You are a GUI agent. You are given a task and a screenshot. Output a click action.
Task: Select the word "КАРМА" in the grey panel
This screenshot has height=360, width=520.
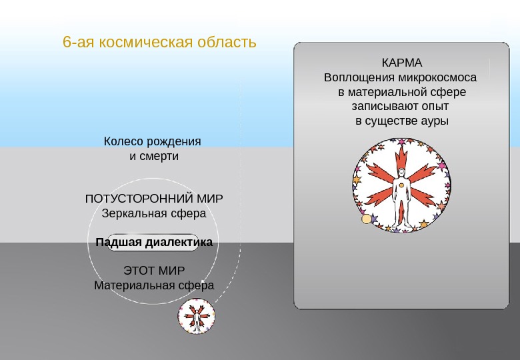tap(402, 63)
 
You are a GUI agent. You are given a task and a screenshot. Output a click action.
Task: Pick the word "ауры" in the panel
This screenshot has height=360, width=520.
tap(434, 121)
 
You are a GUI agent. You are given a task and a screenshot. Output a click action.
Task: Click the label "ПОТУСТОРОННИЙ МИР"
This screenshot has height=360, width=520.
tap(154, 199)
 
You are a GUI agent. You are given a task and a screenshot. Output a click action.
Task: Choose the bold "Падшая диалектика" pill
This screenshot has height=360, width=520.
tap(154, 243)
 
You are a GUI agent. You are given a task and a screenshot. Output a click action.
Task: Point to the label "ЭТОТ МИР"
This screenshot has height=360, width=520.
tap(154, 271)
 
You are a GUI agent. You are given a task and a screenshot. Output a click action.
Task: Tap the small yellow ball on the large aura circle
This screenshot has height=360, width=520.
tap(366, 219)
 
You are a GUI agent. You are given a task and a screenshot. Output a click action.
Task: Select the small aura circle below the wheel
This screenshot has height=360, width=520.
tap(197, 316)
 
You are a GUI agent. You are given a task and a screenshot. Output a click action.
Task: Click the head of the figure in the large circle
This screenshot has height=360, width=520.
tap(401, 173)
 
